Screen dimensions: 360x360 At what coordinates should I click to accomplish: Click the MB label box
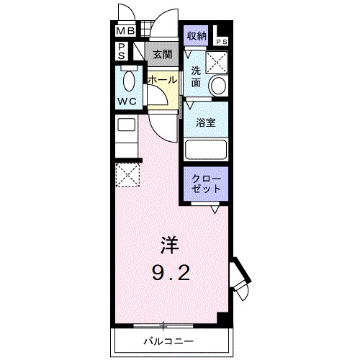125,32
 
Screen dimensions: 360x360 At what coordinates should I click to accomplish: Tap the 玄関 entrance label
162,54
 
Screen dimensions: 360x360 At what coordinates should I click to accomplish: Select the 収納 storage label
197,36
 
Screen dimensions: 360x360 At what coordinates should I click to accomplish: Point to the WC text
127,102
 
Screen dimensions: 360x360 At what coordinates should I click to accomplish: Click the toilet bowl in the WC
130,80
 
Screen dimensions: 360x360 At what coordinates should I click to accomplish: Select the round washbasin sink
218,86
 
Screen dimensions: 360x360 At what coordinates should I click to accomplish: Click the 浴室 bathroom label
207,122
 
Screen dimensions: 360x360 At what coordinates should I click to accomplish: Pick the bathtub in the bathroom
207,149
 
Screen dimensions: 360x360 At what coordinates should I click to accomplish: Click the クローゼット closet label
206,183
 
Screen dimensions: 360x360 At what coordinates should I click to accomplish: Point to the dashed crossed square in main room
127,174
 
